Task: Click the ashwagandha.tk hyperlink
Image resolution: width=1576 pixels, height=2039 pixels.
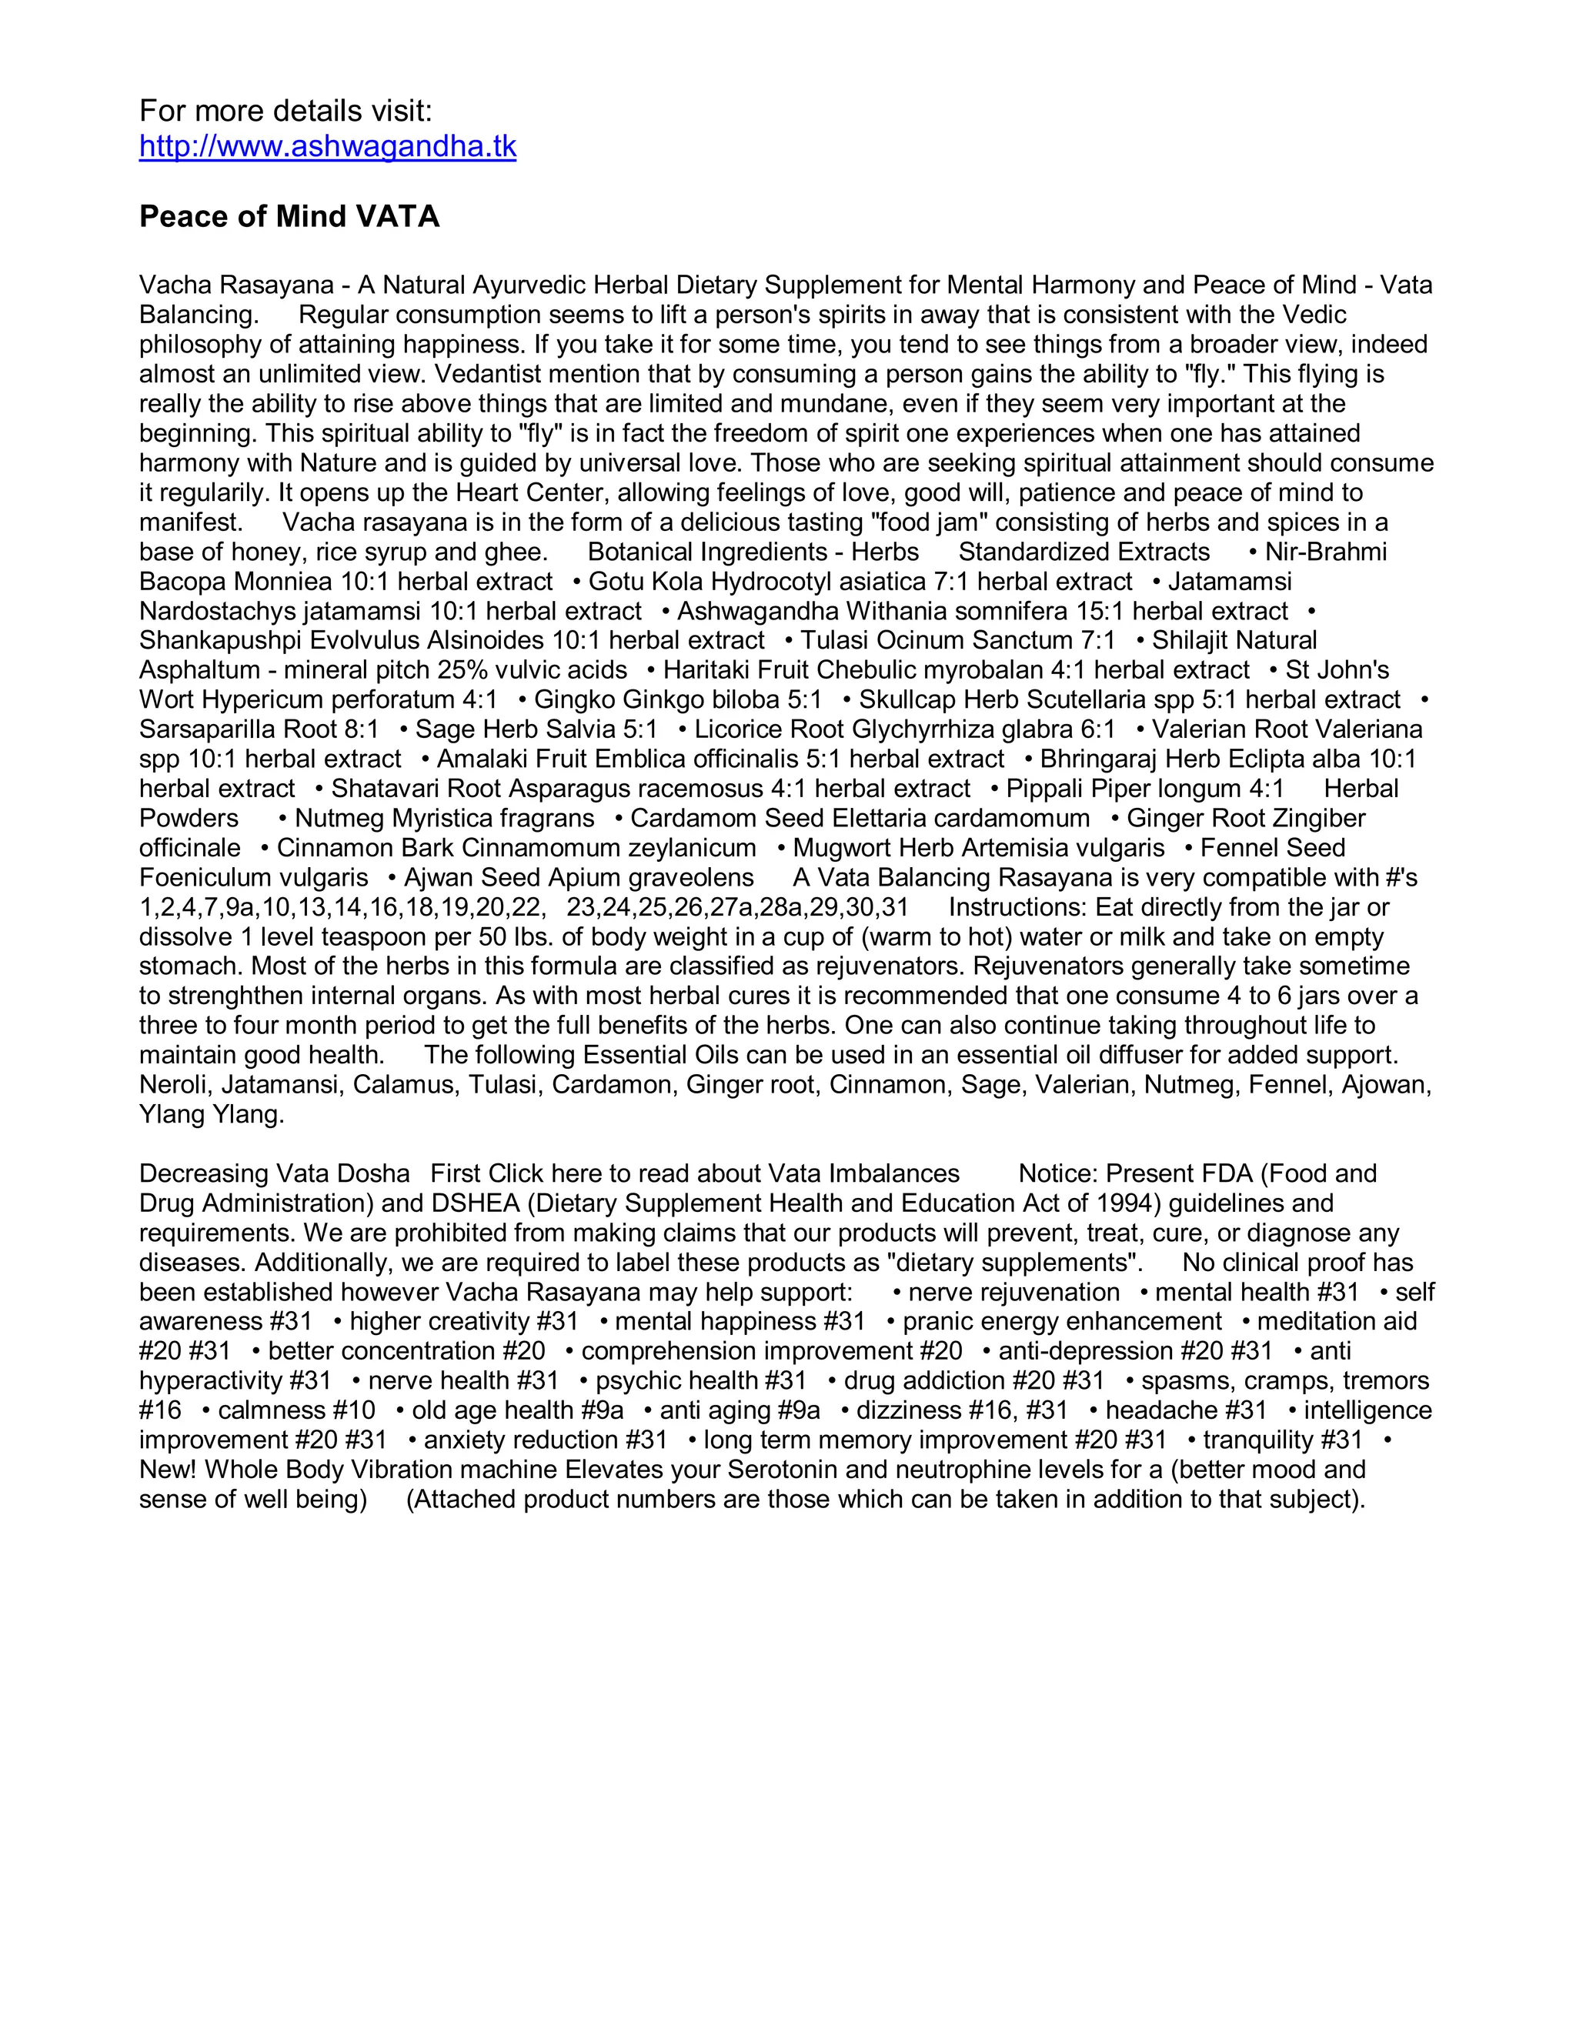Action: (328, 146)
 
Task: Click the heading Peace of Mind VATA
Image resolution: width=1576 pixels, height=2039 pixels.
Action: (289, 217)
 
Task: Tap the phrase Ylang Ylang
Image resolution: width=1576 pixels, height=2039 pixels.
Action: (212, 1115)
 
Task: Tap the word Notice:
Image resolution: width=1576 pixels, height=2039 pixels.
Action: (1058, 1173)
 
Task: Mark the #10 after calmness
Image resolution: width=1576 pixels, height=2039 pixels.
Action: (355, 1410)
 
